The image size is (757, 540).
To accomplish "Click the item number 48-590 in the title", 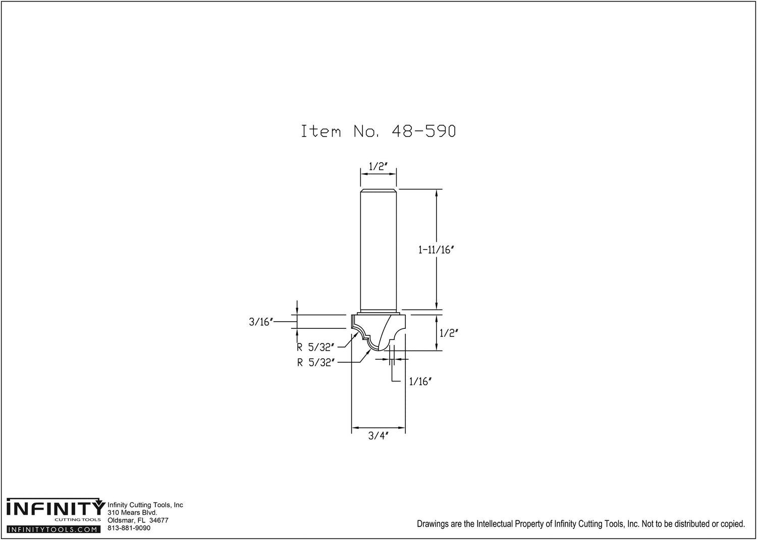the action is pyautogui.click(x=424, y=131).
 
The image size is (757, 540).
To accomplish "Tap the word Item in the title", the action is pyautogui.click(x=320, y=131).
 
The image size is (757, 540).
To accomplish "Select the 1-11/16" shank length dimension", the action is pyautogui.click(x=436, y=250).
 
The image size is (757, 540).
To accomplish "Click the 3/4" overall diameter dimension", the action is pyautogui.click(x=378, y=435).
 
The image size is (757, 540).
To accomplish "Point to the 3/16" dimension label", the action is pyautogui.click(x=261, y=322).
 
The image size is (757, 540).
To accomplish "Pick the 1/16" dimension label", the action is pyautogui.click(x=420, y=382).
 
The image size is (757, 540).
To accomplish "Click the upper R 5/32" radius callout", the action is pyautogui.click(x=315, y=347).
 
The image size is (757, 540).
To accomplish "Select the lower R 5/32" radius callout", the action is pyautogui.click(x=315, y=363).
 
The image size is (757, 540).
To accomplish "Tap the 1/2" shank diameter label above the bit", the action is pyautogui.click(x=378, y=167).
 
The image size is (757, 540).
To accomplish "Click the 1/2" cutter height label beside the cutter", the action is pyautogui.click(x=449, y=333).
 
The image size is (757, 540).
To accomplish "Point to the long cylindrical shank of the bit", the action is pyautogui.click(x=378, y=251).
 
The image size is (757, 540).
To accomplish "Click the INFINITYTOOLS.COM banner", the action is pyautogui.click(x=53, y=529).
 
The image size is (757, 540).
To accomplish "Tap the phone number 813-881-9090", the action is pyautogui.click(x=129, y=528).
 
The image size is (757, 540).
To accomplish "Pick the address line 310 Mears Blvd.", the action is pyautogui.click(x=132, y=513).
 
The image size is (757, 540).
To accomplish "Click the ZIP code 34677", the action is pyautogui.click(x=158, y=520).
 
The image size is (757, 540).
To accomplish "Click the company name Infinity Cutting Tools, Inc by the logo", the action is pyautogui.click(x=145, y=505).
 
